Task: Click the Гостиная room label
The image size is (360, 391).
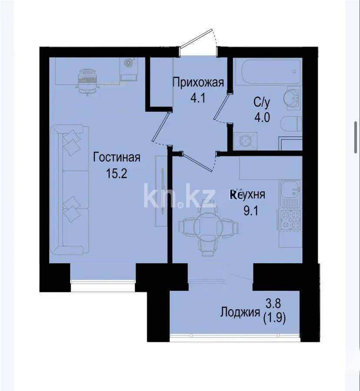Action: pyautogui.click(x=117, y=157)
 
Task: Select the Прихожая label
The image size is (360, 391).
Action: pyautogui.click(x=198, y=82)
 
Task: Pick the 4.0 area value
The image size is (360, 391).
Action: pyautogui.click(x=262, y=117)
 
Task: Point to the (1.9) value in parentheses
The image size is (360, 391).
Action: pyautogui.click(x=276, y=321)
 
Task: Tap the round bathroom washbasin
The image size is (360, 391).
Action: pyautogui.click(x=291, y=96)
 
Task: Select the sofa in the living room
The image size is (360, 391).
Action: pyautogui.click(x=68, y=190)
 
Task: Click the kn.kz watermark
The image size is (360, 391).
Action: pyautogui.click(x=179, y=195)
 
